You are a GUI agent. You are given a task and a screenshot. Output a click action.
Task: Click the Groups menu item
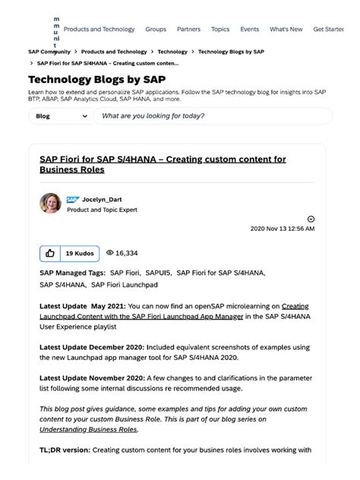[156, 30]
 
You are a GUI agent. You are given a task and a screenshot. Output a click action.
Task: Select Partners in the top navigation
[188, 30]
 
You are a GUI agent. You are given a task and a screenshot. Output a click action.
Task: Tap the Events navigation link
[250, 30]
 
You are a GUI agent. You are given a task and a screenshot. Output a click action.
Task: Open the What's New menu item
[286, 30]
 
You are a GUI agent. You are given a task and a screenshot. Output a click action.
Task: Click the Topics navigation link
[220, 30]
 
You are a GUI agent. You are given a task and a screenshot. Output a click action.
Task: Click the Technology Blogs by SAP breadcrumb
[231, 52]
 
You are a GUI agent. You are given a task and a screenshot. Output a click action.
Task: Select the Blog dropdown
[60, 116]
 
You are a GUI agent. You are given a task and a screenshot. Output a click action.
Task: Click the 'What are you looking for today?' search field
[213, 116]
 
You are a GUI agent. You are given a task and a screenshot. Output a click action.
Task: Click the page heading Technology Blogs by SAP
[96, 79]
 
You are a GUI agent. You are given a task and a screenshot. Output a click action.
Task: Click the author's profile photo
[50, 203]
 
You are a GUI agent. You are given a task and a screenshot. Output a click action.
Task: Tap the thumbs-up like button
[50, 253]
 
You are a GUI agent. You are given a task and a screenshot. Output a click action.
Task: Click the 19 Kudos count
[79, 253]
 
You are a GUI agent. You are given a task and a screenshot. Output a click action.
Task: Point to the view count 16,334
[122, 253]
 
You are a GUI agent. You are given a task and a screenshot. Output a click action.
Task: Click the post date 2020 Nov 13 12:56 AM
[283, 228]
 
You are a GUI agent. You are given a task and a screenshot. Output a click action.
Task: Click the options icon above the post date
[311, 219]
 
